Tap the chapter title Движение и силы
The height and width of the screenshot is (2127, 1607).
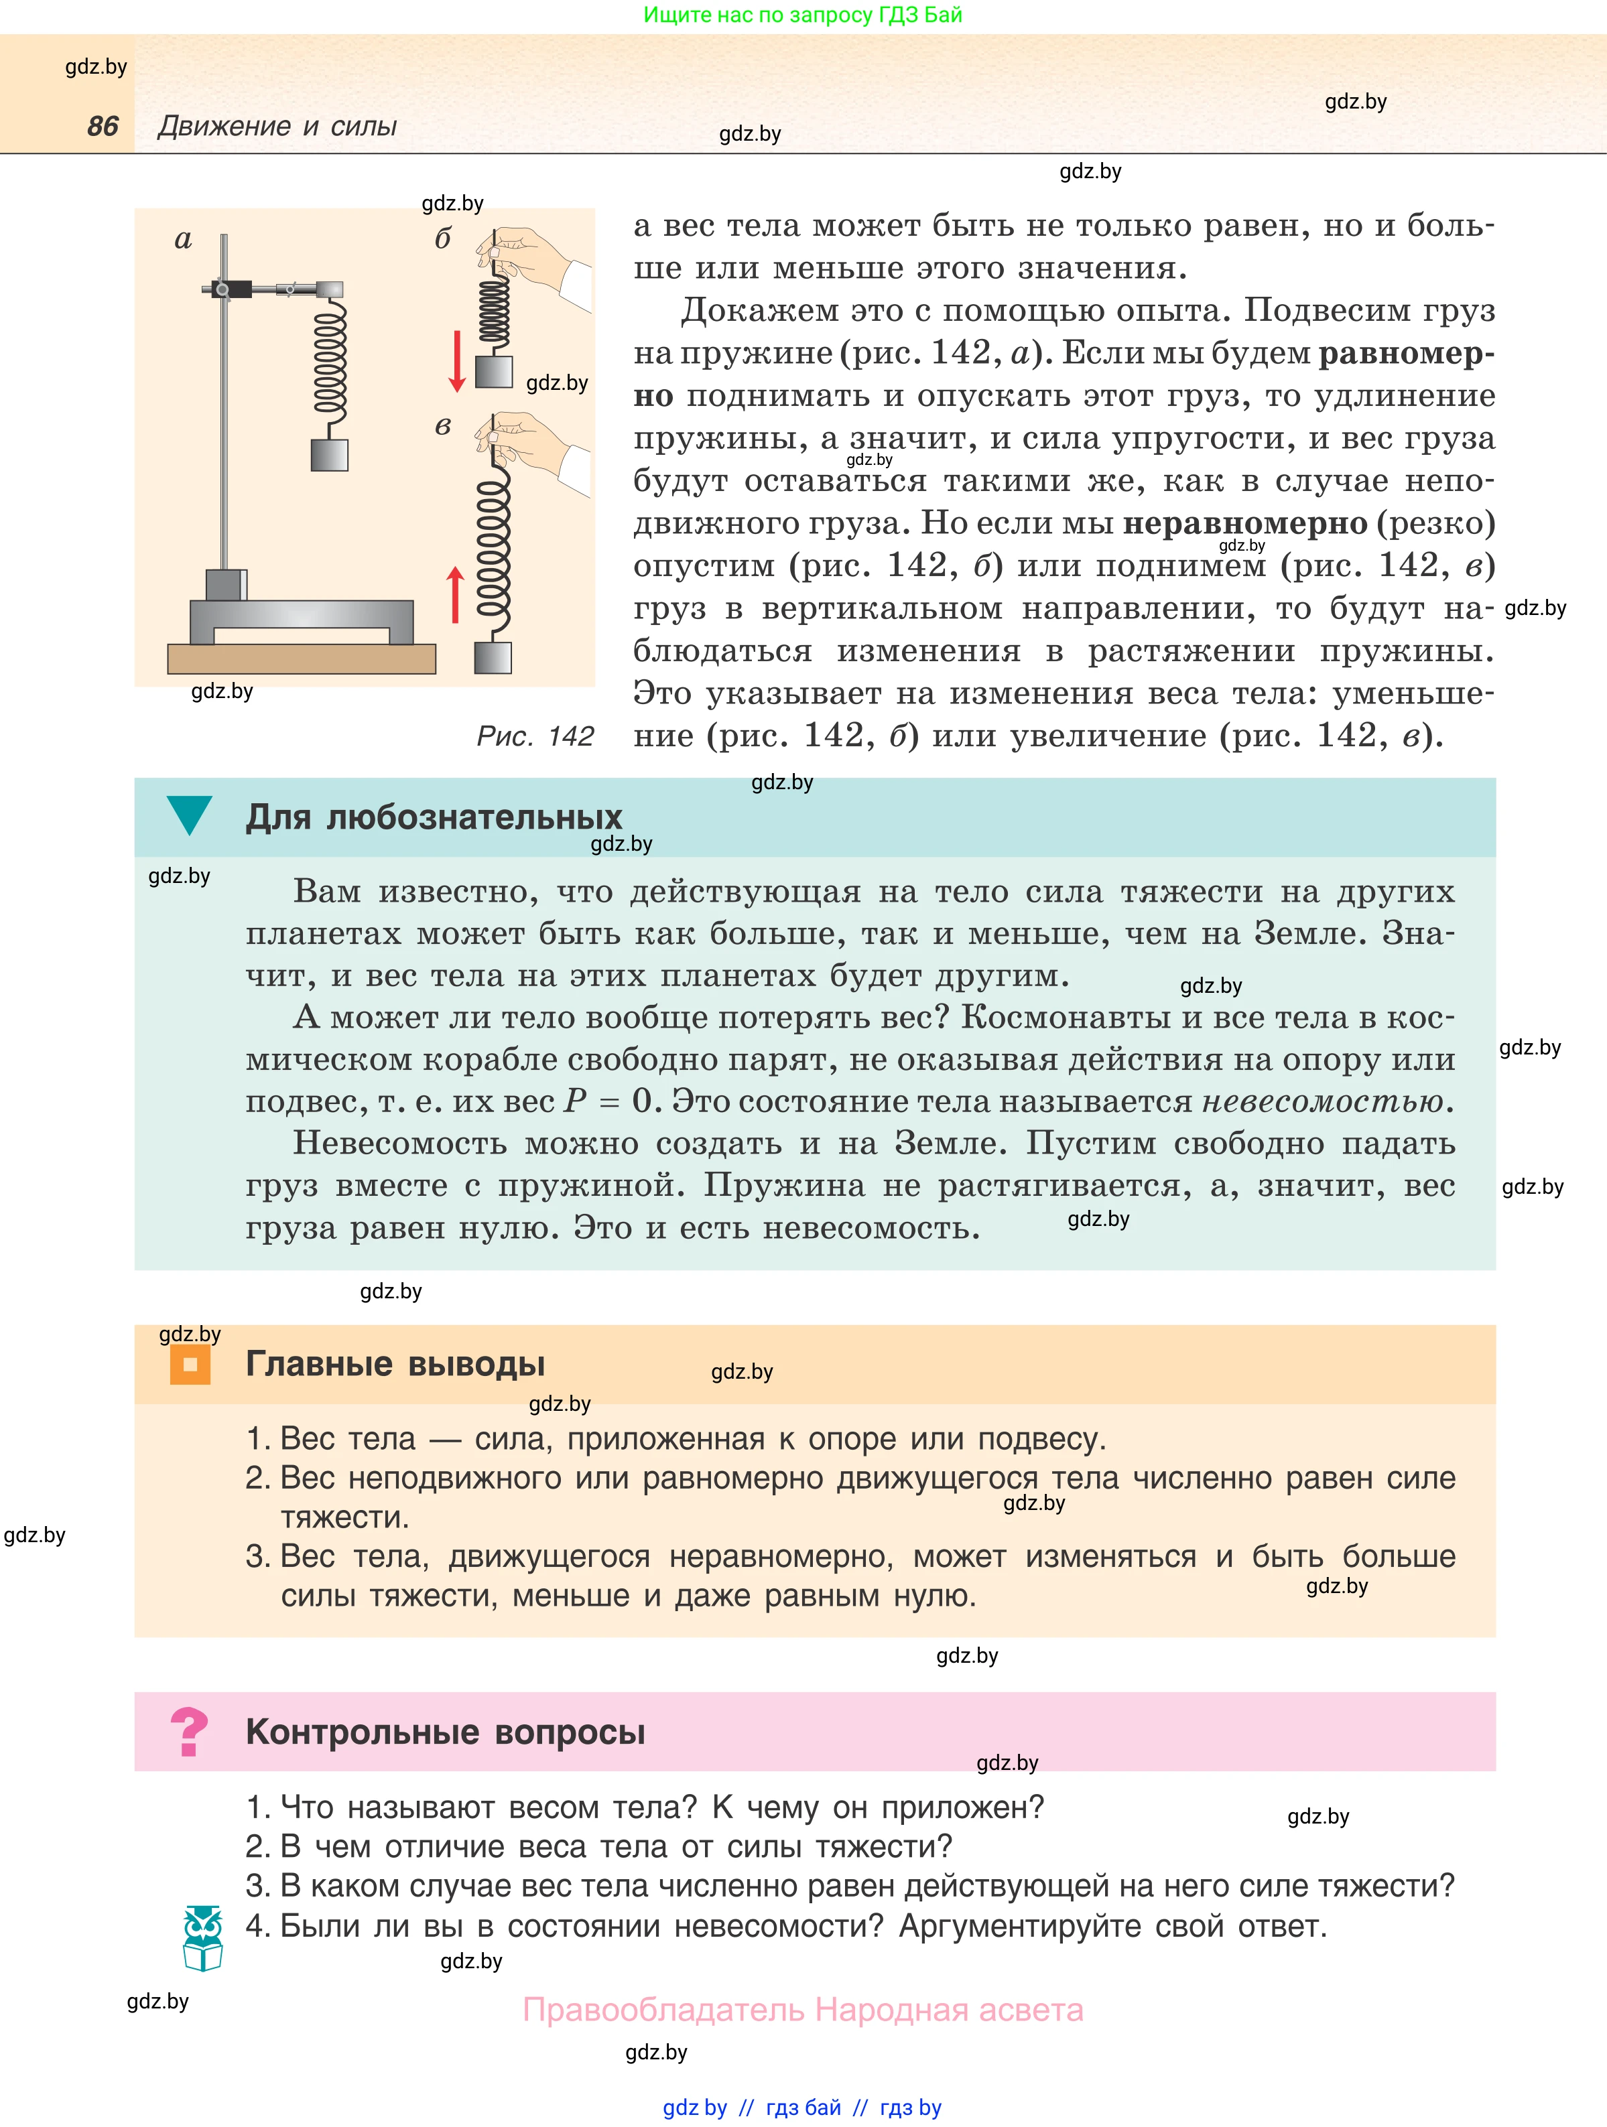pyautogui.click(x=277, y=126)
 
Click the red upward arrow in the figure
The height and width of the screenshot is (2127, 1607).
pyautogui.click(x=456, y=595)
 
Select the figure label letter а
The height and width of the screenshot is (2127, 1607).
pyautogui.click(x=183, y=239)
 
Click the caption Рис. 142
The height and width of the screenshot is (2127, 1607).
pyautogui.click(x=535, y=736)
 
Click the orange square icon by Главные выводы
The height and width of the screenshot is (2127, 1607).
pyautogui.click(x=190, y=1363)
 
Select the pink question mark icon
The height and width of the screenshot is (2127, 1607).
pyautogui.click(x=188, y=1732)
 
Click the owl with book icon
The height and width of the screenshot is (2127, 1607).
pyautogui.click(x=203, y=1937)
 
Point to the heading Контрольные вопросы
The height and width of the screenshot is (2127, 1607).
pyautogui.click(x=445, y=1732)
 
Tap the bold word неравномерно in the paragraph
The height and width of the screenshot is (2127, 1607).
pyautogui.click(x=1244, y=523)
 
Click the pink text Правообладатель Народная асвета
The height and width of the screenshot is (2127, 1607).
pyautogui.click(x=803, y=2010)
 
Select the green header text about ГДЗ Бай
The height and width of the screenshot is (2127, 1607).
pyautogui.click(x=803, y=15)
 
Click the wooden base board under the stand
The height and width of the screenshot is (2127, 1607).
pyautogui.click(x=301, y=659)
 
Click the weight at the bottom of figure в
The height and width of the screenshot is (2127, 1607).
pyautogui.click(x=493, y=658)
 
